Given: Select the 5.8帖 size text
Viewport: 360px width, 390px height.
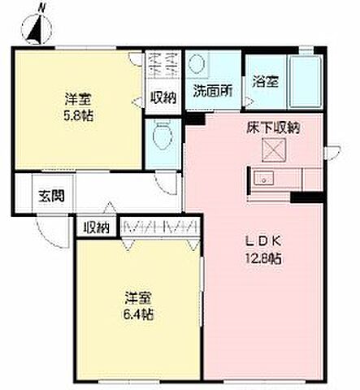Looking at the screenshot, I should tap(78, 115).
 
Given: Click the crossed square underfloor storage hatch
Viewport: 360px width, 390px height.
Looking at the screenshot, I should tap(271, 149).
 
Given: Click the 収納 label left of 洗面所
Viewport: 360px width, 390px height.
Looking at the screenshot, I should tap(164, 97).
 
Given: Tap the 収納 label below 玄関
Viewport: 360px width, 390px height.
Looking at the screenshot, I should tap(95, 227).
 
